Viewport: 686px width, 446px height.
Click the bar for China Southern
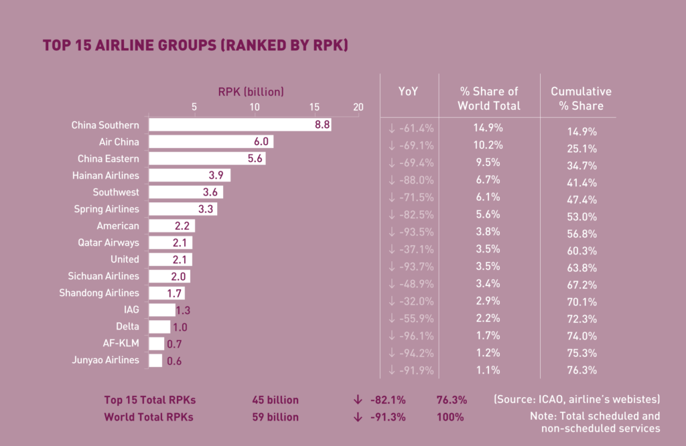tap(228, 125)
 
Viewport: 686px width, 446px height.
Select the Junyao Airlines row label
tap(105, 360)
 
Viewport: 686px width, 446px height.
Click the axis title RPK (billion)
tap(251, 91)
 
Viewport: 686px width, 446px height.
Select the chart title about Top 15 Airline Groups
tap(195, 46)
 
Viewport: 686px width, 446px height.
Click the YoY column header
tap(408, 92)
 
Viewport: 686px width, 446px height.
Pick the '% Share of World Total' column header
tap(489, 98)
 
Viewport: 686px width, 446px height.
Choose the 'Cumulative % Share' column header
tap(581, 98)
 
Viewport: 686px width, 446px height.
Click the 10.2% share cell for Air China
tap(489, 144)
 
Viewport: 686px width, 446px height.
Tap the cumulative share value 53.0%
tap(581, 216)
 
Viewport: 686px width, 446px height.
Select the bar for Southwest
tap(186, 192)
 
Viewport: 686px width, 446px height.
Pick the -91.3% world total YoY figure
tap(388, 417)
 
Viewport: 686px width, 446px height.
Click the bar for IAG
tap(161, 310)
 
